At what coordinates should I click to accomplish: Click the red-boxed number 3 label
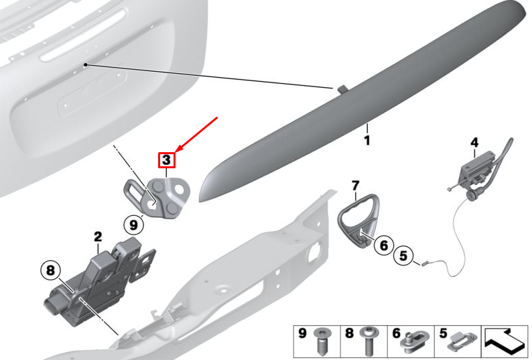point(166,160)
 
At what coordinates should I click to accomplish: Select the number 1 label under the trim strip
point(367,140)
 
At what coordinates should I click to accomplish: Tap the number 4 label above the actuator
point(474,142)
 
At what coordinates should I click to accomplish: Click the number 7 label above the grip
point(355,186)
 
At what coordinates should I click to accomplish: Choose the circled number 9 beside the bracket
point(134,225)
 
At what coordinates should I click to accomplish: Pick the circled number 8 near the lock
point(50,270)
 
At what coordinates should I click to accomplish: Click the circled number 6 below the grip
point(384,245)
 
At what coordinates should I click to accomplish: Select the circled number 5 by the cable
point(403,255)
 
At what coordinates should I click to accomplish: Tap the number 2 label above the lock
point(98,237)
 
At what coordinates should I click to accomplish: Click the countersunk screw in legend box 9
point(320,341)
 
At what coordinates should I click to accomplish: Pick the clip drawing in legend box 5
point(462,342)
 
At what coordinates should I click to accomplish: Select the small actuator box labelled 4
point(475,168)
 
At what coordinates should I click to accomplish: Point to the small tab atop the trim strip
point(342,89)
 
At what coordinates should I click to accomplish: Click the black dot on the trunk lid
point(86,64)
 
